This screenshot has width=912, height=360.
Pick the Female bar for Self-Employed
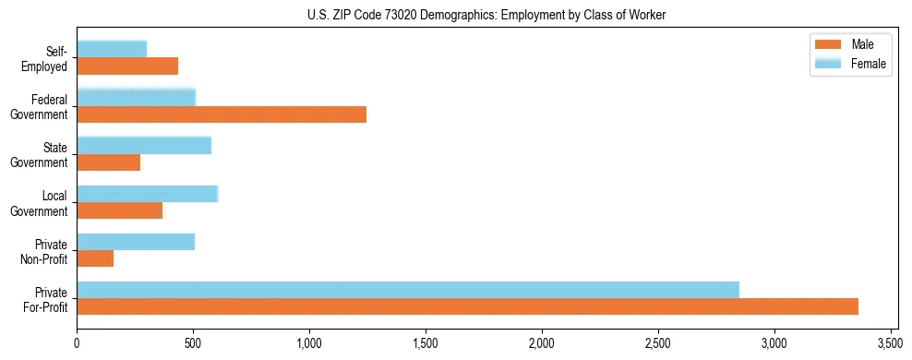click(112, 49)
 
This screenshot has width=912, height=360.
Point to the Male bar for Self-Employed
click(127, 66)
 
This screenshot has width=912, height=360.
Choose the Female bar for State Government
click(144, 145)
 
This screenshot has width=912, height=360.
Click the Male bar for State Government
click(109, 162)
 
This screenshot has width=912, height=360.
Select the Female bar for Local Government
click(148, 194)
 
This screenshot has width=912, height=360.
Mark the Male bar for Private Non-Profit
click(95, 259)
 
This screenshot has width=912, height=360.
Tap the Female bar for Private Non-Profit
click(136, 242)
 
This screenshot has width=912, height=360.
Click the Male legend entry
click(849, 44)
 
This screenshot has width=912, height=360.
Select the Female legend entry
click(849, 64)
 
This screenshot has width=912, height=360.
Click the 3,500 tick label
click(890, 342)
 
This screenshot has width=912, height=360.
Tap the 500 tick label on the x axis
click(193, 342)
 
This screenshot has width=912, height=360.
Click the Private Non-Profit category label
click(45, 252)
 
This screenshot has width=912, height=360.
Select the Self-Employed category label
click(46, 58)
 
